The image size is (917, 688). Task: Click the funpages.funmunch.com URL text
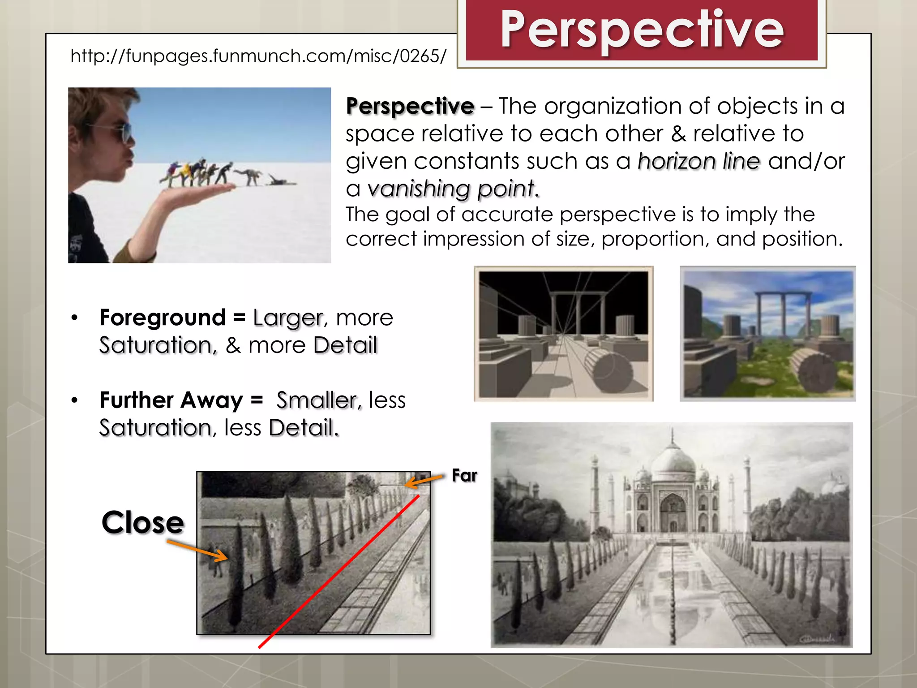tap(258, 56)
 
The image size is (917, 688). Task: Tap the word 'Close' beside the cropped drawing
tap(142, 522)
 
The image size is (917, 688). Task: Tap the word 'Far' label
tap(464, 475)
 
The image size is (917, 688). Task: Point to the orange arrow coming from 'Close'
tap(197, 550)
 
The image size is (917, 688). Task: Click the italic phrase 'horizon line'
tap(698, 161)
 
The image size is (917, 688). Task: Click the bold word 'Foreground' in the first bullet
tap(163, 318)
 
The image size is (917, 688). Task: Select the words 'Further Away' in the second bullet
tap(171, 400)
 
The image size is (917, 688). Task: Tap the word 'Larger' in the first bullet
tap(287, 318)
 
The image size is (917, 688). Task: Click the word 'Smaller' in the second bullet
tap(318, 400)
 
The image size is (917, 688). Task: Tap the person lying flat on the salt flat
tap(281, 181)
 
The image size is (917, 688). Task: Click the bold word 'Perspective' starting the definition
tap(410, 107)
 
